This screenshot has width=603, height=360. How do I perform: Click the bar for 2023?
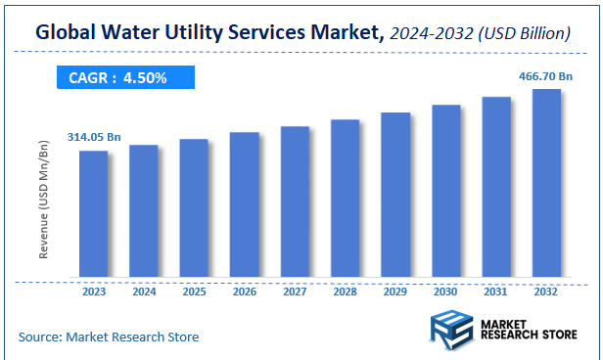pyautogui.click(x=93, y=213)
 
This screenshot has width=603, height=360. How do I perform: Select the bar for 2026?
pyautogui.click(x=244, y=204)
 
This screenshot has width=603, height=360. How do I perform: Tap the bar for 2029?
pyautogui.click(x=395, y=195)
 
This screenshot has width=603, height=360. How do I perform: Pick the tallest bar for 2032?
pyautogui.click(x=546, y=183)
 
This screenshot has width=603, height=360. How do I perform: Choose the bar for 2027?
pyautogui.click(x=295, y=202)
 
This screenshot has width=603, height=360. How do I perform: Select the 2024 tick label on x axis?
pyautogui.click(x=144, y=292)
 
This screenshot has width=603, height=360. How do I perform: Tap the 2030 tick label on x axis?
pyautogui.click(x=445, y=292)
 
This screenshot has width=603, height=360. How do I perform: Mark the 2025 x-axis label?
pyautogui.click(x=194, y=292)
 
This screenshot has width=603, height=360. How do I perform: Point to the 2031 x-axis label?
pyautogui.click(x=496, y=292)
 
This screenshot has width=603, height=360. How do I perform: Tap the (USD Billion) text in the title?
pyautogui.click(x=525, y=33)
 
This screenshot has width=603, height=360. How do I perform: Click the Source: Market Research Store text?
pyautogui.click(x=108, y=337)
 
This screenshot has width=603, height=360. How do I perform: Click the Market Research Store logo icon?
pyautogui.click(x=451, y=329)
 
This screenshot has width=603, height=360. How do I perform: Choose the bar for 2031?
pyautogui.click(x=496, y=187)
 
